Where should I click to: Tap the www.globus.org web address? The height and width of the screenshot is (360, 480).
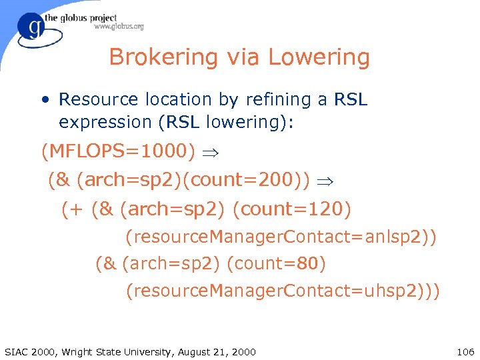coord(119,27)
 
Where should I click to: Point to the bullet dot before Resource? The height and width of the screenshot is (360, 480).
coord(44,101)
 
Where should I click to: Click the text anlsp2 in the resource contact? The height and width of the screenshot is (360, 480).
coord(393,237)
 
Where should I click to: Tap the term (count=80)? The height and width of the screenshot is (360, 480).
coord(276,264)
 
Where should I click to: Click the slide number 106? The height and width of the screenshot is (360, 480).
coord(465,351)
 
